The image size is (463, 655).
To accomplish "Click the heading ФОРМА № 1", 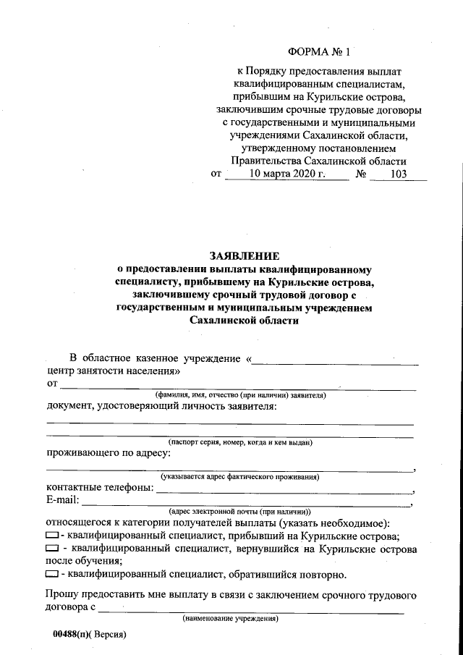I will [x=318, y=52].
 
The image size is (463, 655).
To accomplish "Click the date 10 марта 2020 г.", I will [x=288, y=174].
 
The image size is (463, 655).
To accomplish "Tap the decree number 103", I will [x=398, y=174].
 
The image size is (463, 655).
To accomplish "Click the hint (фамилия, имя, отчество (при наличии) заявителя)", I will [x=240, y=395].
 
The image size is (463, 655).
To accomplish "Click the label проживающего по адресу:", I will [x=109, y=453].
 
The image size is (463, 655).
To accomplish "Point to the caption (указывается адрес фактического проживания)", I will [x=239, y=477].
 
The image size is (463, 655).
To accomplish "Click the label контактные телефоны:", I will [x=100, y=488].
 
